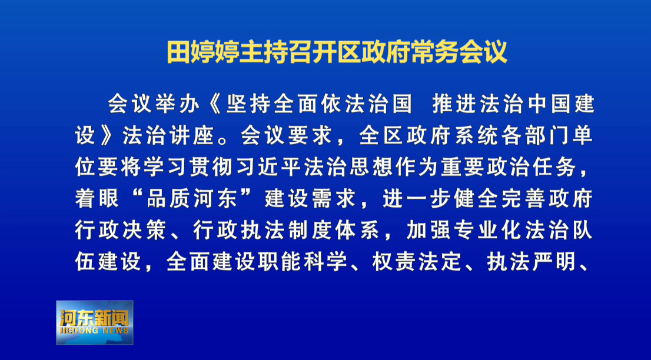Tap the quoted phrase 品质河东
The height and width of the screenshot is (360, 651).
[191, 199]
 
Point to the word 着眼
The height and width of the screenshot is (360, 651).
[97, 199]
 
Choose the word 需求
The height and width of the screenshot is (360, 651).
[333, 199]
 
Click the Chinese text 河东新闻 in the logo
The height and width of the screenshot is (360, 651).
[95, 318]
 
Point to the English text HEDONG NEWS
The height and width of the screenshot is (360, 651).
[95, 331]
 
